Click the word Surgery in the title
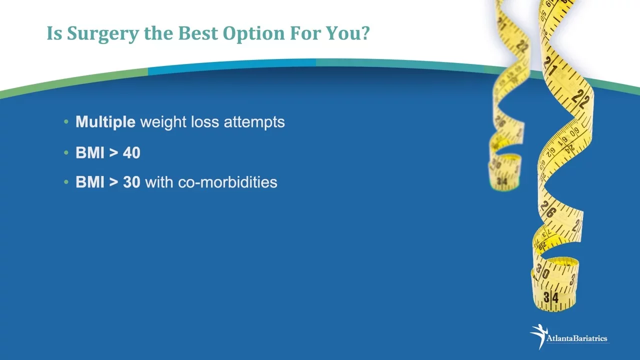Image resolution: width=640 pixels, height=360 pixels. pyautogui.click(x=102, y=33)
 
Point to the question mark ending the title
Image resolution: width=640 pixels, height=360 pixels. pyautogui.click(x=364, y=33)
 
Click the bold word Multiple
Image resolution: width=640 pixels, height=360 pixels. pyautogui.click(x=105, y=122)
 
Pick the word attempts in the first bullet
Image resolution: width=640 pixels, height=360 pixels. pyautogui.click(x=254, y=122)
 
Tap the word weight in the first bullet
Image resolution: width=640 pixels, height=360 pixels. pyautogui.click(x=163, y=122)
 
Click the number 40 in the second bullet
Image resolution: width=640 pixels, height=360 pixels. pyautogui.click(x=131, y=152)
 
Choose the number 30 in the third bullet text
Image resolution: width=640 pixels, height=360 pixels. pyautogui.click(x=131, y=182)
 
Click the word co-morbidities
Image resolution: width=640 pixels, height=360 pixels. pyautogui.click(x=227, y=182)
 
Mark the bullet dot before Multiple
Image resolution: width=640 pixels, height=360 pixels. pyautogui.click(x=66, y=122)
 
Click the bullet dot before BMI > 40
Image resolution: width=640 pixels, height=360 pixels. pyautogui.click(x=66, y=153)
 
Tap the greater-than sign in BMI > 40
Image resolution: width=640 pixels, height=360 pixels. pyautogui.click(x=113, y=153)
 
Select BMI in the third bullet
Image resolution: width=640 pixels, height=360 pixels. pyautogui.click(x=90, y=182)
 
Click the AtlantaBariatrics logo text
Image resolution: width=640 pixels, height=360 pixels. pyautogui.click(x=577, y=338)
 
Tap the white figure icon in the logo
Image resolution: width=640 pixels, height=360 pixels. pyautogui.click(x=539, y=336)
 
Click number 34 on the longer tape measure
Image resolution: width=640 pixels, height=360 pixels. pyautogui.click(x=551, y=297)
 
